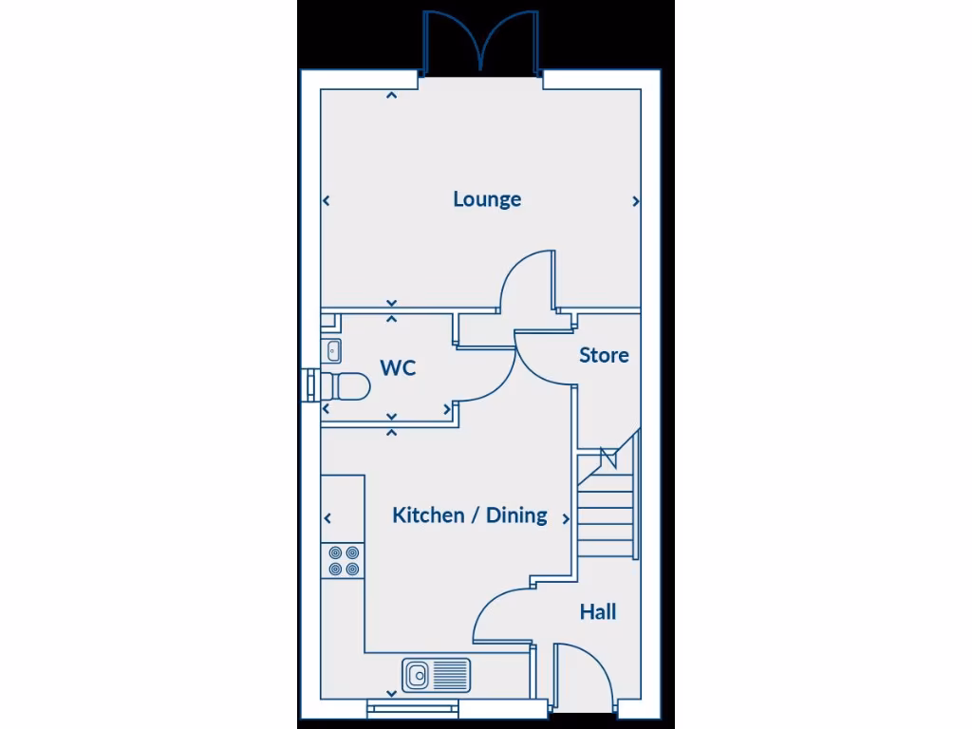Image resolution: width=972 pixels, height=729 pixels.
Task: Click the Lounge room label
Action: click(487, 199)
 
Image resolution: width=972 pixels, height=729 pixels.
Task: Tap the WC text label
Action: click(398, 368)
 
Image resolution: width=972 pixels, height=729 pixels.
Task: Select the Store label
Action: click(604, 355)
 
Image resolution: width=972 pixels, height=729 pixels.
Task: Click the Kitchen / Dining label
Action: click(470, 515)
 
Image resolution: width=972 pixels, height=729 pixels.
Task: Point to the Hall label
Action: click(598, 612)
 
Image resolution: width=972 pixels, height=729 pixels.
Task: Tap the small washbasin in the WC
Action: click(332, 350)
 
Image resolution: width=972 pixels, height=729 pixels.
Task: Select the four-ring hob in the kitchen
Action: click(343, 560)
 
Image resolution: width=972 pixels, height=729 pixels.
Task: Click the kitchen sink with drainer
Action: click(436, 675)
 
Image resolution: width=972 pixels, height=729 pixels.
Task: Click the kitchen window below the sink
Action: click(413, 706)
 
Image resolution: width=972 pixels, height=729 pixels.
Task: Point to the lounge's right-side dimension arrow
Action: click(636, 201)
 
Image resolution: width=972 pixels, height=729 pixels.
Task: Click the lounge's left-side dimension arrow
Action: click(327, 200)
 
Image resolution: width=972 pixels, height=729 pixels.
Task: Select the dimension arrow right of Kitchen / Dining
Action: click(567, 519)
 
